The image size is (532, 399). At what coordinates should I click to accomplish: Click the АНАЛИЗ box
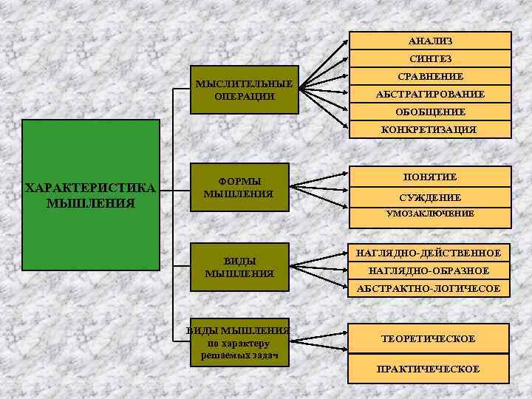[430, 41]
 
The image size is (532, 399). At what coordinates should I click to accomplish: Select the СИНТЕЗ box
[430, 58]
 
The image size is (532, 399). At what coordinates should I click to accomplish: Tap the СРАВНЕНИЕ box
[430, 76]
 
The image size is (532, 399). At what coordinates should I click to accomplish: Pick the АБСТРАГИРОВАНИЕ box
[430, 95]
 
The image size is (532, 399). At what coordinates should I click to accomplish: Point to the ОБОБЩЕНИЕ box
[430, 112]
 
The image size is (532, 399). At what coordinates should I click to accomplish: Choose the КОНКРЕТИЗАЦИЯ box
[430, 129]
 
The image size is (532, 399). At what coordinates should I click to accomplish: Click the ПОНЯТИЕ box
[430, 177]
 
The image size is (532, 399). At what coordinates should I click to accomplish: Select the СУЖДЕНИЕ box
[430, 197]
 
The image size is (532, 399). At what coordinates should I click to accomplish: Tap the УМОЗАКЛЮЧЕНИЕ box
[430, 214]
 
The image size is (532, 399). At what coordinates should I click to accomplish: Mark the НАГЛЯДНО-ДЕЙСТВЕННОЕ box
[429, 253]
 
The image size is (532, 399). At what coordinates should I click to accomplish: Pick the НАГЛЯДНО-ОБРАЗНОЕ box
[429, 271]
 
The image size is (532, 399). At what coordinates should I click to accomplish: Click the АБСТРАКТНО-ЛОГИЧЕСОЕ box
[429, 288]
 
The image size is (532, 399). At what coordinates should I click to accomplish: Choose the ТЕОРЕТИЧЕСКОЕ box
[429, 338]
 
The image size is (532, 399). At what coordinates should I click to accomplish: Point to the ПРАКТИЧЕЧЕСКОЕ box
[429, 368]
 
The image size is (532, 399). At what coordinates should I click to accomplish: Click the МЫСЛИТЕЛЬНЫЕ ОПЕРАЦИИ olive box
[245, 90]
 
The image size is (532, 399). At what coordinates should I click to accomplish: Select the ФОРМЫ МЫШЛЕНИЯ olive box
[238, 188]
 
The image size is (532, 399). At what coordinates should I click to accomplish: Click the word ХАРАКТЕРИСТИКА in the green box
[90, 188]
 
